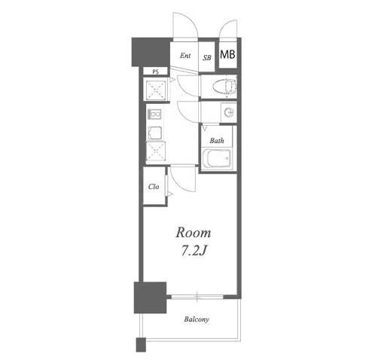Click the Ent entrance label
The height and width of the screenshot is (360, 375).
tap(185, 56)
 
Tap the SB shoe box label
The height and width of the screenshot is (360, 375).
tap(207, 58)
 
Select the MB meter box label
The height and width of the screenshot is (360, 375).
tap(227, 54)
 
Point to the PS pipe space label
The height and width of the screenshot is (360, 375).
tap(155, 72)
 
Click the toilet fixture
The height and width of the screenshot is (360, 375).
tap(224, 87)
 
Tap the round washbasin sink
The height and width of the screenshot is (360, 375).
tap(229, 112)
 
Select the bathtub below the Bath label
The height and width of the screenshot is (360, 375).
tap(217, 159)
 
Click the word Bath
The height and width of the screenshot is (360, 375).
tap(217, 140)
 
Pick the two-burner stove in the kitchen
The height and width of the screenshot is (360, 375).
tap(154, 114)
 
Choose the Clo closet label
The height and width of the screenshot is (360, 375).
tap(154, 187)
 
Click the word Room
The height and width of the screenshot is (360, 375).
tap(193, 233)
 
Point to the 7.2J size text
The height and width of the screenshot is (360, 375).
tap(194, 251)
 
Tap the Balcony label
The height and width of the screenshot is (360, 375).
tap(197, 319)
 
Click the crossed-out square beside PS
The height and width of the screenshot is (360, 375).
tap(156, 89)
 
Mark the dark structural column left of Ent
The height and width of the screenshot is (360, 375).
tap(151, 52)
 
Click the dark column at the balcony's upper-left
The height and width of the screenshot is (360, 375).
tap(150, 297)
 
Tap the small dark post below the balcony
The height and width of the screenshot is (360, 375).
tap(141, 345)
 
